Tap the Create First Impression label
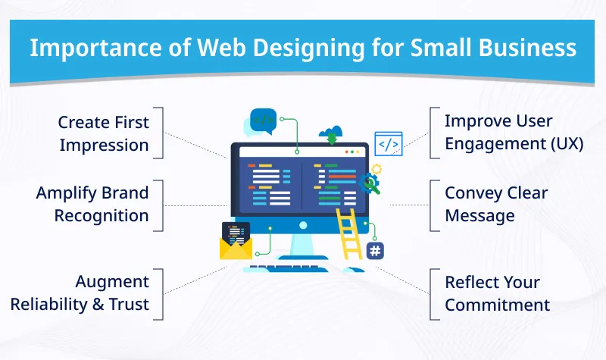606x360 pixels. pyautogui.click(x=104, y=133)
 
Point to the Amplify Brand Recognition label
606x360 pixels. pyautogui.click(x=92, y=204)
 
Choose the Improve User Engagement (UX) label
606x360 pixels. pyautogui.click(x=514, y=132)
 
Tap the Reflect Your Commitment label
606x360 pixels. pyautogui.click(x=497, y=293)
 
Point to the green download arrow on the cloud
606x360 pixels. pyautogui.click(x=331, y=138)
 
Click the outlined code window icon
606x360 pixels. pyautogui.click(x=389, y=143)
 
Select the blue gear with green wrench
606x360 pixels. pyautogui.click(x=370, y=183)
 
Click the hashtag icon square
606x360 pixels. pyautogui.click(x=374, y=251)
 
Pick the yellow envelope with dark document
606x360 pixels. pyautogui.click(x=236, y=243)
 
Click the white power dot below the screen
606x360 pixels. pyautogui.click(x=303, y=225)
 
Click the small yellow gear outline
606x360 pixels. pyautogui.click(x=376, y=169)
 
